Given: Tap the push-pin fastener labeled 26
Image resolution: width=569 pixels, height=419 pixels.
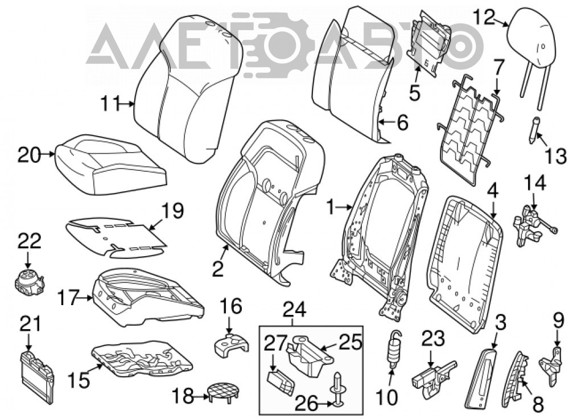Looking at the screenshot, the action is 337,388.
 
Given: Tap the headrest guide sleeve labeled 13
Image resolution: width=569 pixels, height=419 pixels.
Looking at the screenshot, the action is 534,130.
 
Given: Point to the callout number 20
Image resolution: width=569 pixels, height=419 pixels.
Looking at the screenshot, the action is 28,155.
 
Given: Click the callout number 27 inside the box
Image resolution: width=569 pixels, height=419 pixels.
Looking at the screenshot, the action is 275,343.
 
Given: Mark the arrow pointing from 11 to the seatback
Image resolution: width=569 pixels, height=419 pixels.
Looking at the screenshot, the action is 127,104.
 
